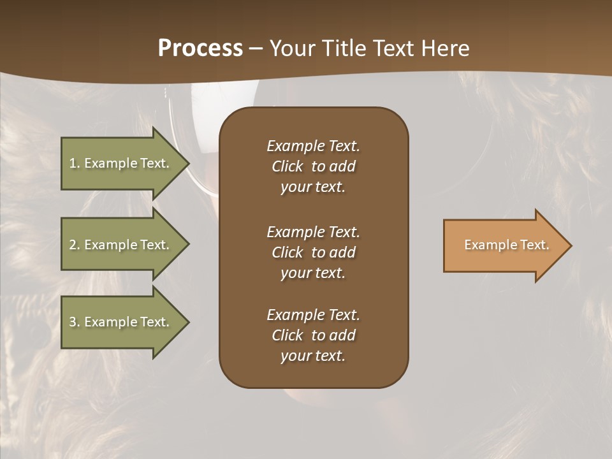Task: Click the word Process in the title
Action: click(x=200, y=48)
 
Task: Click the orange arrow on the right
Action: click(x=504, y=245)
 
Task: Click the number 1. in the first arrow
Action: click(x=75, y=163)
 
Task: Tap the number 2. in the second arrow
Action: click(x=75, y=245)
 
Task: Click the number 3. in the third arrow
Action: click(x=75, y=322)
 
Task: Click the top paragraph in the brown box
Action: click(x=313, y=166)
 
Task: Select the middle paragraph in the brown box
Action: click(x=313, y=252)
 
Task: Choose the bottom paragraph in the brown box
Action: click(x=313, y=335)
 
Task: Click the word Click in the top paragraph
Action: click(x=287, y=166)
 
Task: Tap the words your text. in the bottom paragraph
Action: click(x=313, y=356)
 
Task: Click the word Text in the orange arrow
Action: click(x=534, y=245)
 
